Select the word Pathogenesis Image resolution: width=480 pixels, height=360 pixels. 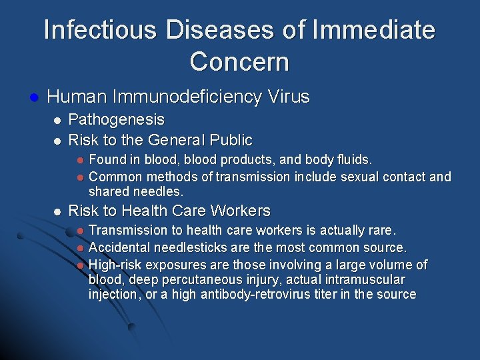click(117, 119)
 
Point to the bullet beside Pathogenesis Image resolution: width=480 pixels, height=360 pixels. click(57, 120)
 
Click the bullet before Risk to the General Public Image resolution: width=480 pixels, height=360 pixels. click(57, 140)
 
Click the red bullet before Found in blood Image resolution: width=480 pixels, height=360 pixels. click(79, 160)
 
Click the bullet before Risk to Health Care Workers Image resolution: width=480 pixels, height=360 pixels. click(57, 212)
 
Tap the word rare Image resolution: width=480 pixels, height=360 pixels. click(381, 231)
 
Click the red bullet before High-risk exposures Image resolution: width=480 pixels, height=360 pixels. click(79, 265)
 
